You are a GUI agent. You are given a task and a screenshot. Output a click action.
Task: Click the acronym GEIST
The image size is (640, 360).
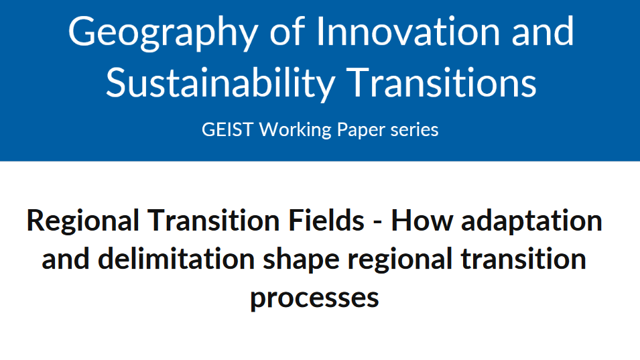227,130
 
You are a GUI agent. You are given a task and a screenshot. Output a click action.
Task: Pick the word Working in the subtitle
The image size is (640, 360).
296,131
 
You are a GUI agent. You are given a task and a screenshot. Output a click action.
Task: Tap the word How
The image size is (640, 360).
422,221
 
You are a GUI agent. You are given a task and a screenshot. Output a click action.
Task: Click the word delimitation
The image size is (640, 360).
176,259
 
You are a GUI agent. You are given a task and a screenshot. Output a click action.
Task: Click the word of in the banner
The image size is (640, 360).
287,31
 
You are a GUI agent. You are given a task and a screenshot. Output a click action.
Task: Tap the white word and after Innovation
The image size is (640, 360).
542,32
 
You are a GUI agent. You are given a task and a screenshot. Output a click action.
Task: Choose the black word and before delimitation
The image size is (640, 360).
66,259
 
